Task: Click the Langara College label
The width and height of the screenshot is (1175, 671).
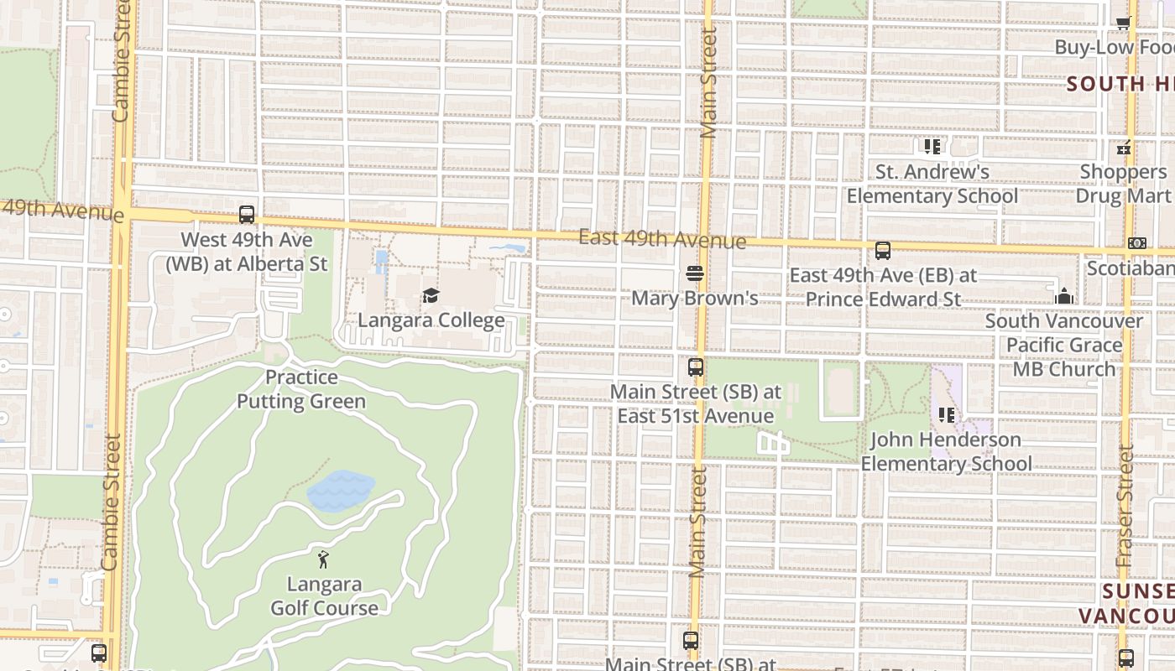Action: [x=431, y=320]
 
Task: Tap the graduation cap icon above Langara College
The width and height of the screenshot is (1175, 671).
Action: [x=431, y=295]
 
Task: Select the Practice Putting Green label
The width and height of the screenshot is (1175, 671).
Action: [x=301, y=389]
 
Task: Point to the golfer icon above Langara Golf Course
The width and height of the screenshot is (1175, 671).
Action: [x=323, y=559]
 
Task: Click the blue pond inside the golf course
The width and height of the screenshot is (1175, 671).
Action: [x=340, y=490]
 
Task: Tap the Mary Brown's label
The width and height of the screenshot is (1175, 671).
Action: [x=694, y=298]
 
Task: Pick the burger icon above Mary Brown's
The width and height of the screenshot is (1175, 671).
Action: [x=695, y=273]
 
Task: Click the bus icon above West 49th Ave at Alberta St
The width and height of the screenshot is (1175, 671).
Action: [x=247, y=215]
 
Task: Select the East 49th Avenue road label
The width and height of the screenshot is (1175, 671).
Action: [x=662, y=239]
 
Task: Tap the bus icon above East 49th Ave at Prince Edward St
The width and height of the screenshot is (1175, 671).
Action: [x=882, y=250]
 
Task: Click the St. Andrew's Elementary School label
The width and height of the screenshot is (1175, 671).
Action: [x=932, y=184]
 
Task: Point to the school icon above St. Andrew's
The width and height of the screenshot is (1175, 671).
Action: [x=932, y=147]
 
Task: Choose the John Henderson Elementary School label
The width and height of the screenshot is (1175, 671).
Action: [x=946, y=451]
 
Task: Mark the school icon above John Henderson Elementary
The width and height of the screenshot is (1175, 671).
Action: [x=947, y=414]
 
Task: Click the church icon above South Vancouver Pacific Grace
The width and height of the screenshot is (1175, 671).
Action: [x=1064, y=296]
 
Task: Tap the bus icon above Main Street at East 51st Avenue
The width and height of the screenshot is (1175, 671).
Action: [x=695, y=367]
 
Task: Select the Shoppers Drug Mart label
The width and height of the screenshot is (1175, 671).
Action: [x=1123, y=184]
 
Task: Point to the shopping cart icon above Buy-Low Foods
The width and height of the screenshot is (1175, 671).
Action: [x=1123, y=23]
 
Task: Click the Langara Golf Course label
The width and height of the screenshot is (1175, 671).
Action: [x=324, y=596]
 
